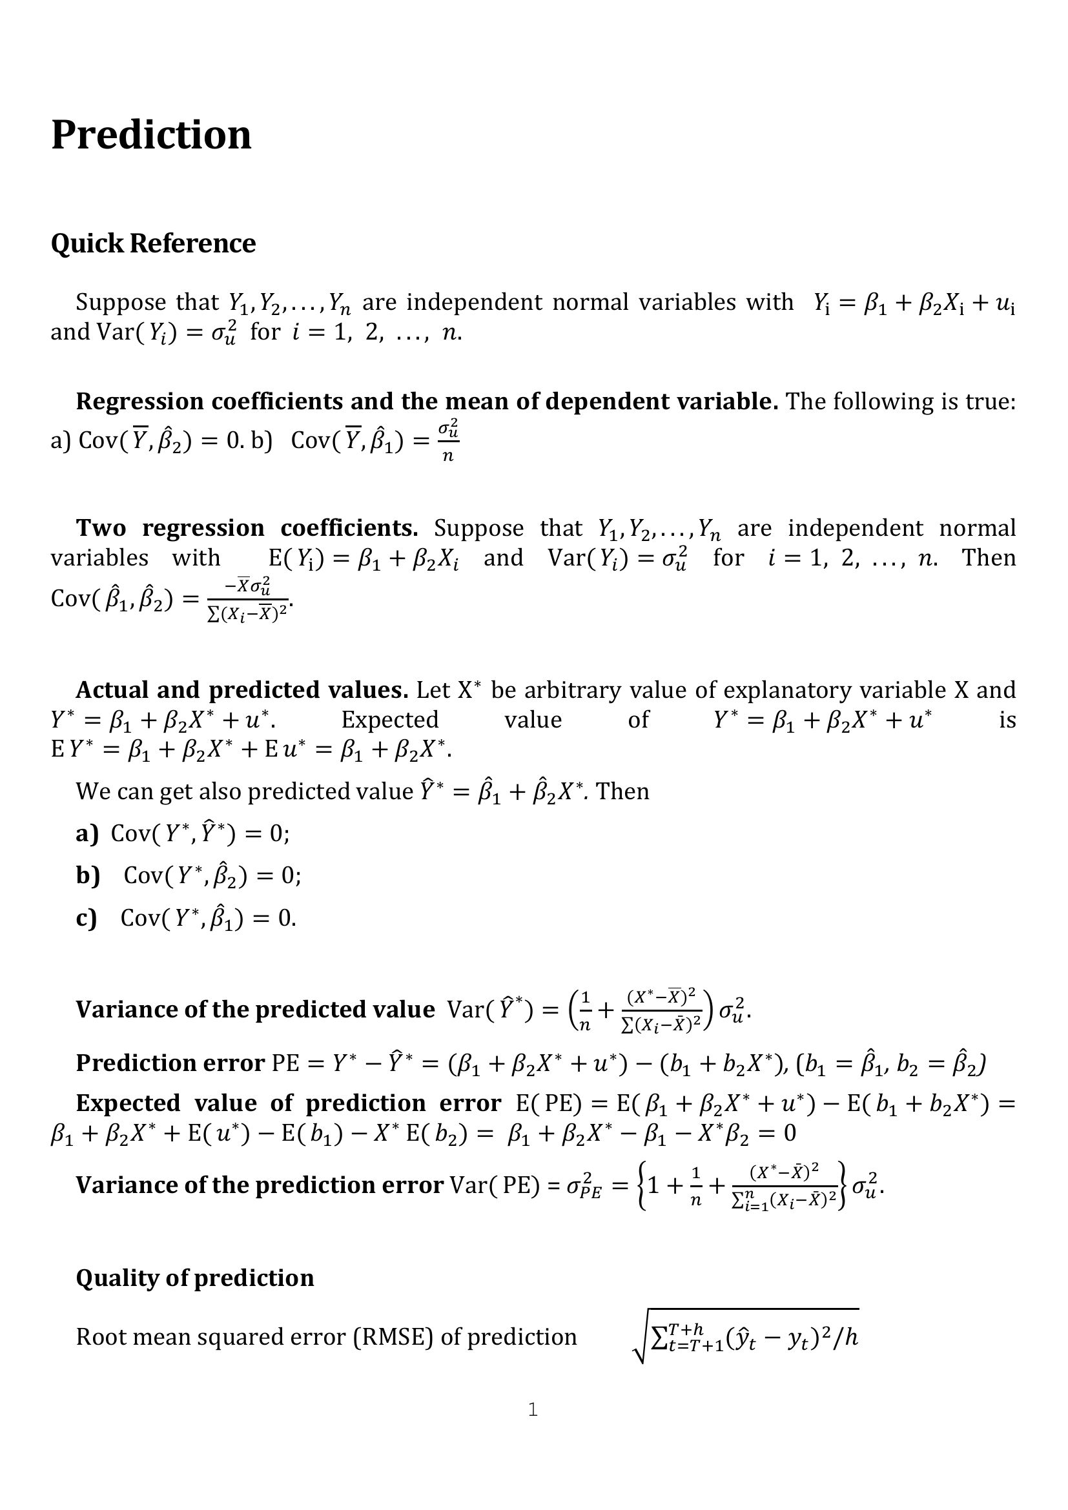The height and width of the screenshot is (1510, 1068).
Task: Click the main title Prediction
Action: tap(150, 135)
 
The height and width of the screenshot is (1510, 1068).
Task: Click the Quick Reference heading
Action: tap(152, 243)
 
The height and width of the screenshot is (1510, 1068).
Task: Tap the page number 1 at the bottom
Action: tap(533, 1409)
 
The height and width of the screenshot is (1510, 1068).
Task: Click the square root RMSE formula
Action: tap(746, 1336)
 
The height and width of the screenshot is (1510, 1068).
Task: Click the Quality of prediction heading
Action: tap(194, 1277)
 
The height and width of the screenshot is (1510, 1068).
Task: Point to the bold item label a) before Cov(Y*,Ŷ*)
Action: tap(87, 833)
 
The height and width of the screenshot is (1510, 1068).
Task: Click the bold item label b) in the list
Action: tap(87, 875)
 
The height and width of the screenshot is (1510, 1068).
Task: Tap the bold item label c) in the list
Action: tap(86, 917)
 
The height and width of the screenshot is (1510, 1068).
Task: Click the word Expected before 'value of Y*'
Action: tap(389, 719)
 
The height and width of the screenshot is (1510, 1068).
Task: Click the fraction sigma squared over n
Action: tap(448, 440)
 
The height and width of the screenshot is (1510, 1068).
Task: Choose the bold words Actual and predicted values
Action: tap(242, 690)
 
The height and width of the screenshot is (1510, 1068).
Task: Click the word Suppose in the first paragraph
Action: tap(120, 302)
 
